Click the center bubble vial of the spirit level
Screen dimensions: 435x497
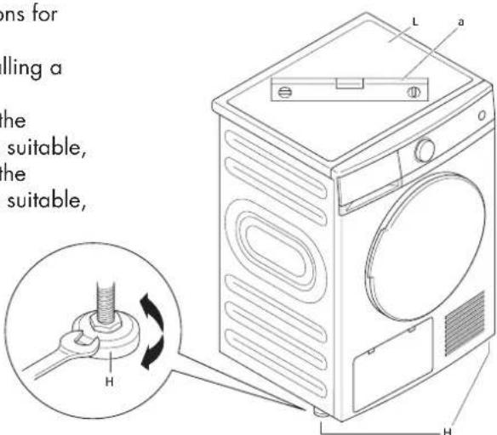[346, 82]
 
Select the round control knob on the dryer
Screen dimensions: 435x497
[424, 151]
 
